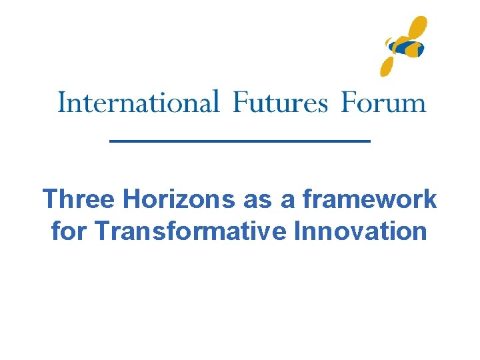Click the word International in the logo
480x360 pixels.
(139, 103)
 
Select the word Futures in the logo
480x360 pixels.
(280, 103)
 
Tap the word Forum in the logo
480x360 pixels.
(383, 103)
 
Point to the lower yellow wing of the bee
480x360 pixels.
(389, 65)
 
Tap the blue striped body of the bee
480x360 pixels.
(406, 47)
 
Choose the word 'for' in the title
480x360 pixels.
(69, 231)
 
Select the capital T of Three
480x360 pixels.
(50, 199)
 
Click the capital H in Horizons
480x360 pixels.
(132, 199)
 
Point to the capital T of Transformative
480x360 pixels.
(103, 231)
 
